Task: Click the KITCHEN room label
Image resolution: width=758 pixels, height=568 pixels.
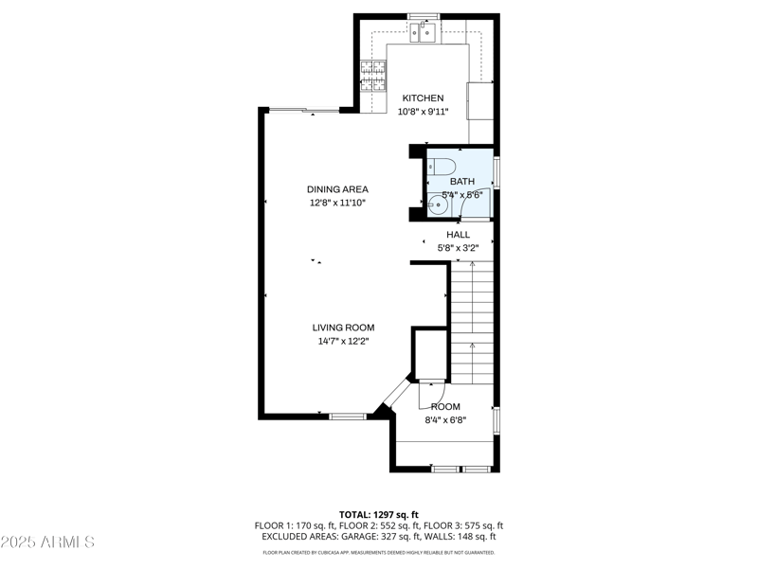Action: [423, 98]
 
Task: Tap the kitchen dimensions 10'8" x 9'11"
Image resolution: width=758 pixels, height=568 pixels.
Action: [424, 112]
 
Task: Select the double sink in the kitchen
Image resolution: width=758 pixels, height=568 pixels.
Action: [424, 33]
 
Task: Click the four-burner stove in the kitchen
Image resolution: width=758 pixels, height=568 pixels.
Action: [373, 74]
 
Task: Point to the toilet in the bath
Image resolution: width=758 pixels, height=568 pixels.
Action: [435, 169]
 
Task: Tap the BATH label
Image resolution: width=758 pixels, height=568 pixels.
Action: [462, 182]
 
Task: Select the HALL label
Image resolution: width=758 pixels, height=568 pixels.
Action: [458, 235]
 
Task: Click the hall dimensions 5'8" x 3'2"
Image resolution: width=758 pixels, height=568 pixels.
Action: [458, 248]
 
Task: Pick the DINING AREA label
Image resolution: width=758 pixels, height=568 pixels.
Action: [337, 189]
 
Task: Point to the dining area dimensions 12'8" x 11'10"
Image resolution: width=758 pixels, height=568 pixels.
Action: [337, 203]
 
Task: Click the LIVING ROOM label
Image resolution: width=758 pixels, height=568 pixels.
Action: [343, 328]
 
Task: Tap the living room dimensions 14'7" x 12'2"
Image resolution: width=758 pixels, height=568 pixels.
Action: [343, 341]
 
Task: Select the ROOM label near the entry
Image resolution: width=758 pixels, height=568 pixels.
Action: [445, 406]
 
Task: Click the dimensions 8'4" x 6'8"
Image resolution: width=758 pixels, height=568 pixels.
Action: [445, 419]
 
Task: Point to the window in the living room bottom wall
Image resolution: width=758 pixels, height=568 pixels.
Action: [348, 416]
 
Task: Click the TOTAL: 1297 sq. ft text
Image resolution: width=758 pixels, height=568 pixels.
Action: [378, 514]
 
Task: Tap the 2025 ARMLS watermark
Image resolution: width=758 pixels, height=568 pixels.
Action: [47, 542]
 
